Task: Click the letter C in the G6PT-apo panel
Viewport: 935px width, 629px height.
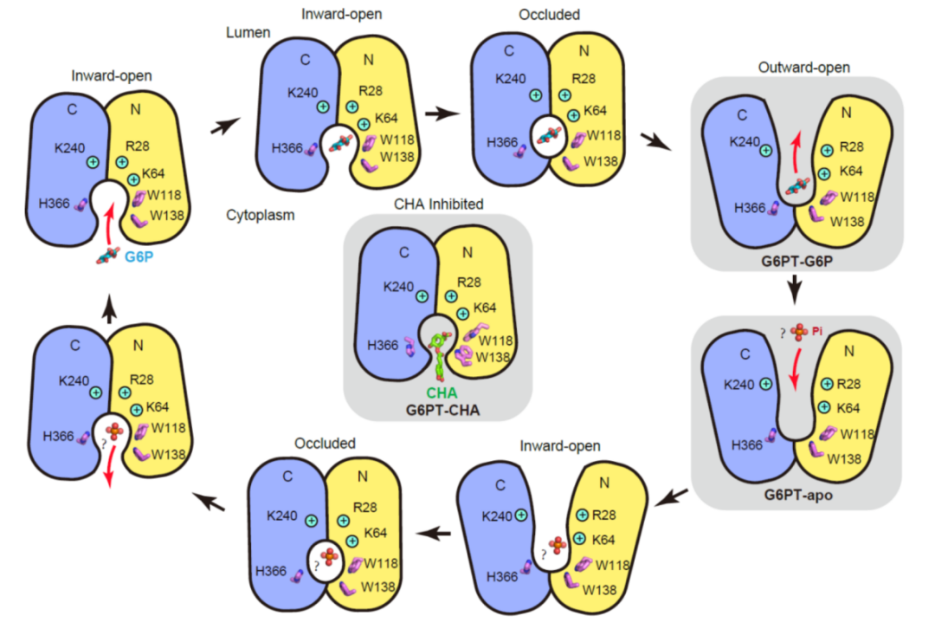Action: [x=743, y=353]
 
